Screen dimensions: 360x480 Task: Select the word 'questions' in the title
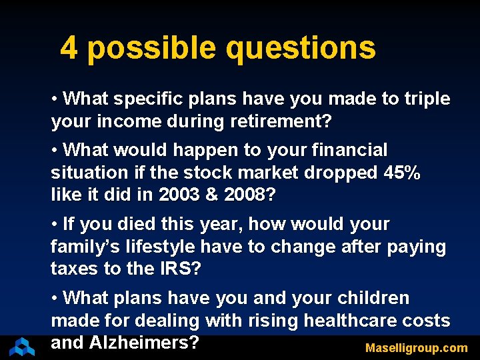point(301,48)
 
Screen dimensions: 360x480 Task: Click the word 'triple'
point(427,99)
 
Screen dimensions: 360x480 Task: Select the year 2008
point(247,195)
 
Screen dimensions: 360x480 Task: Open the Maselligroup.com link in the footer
point(416,348)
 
